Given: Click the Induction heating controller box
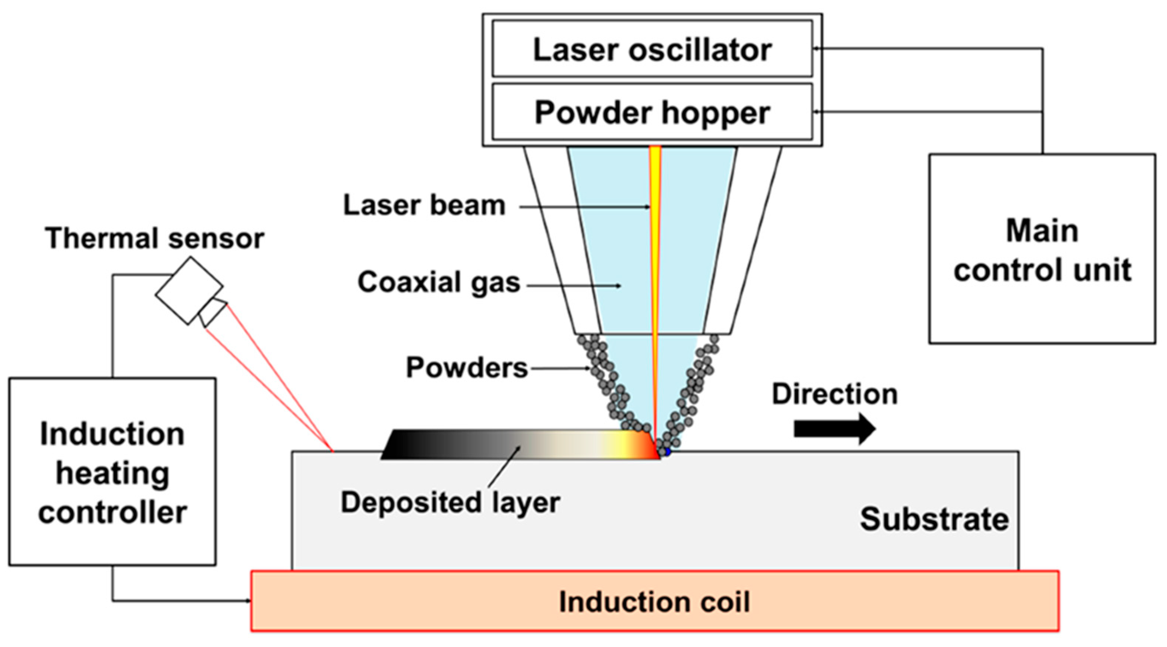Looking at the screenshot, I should point(112,471).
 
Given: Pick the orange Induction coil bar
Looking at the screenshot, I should point(654,601).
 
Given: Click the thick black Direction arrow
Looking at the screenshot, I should point(834,428).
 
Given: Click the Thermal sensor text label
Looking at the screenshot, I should point(154,238).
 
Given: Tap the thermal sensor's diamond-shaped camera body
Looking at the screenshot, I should point(188,290).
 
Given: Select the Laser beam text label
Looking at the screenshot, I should point(424,205).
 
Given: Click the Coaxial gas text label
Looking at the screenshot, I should point(438,282).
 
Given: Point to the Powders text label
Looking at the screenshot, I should point(467,367).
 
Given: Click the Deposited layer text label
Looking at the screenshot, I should point(450,502).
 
